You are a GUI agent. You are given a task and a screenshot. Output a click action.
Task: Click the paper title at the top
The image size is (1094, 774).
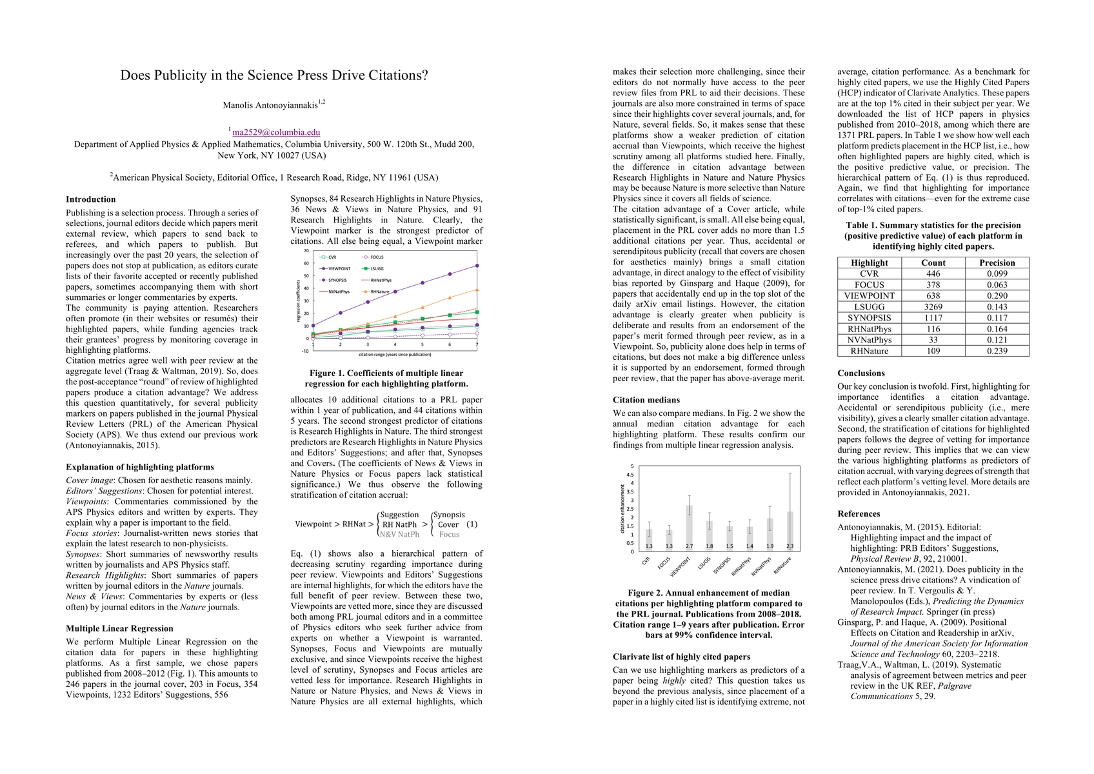(x=274, y=75)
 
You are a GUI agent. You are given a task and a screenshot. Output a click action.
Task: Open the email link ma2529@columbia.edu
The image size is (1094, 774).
(x=276, y=132)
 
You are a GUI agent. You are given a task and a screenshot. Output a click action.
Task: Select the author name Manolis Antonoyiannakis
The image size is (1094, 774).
(x=271, y=105)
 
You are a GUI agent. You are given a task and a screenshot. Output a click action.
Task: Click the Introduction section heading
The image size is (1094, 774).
(x=91, y=199)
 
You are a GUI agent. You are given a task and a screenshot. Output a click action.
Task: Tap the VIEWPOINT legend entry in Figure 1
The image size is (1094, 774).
(x=339, y=268)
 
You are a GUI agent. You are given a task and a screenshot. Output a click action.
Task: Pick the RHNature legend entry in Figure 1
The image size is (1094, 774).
(x=380, y=292)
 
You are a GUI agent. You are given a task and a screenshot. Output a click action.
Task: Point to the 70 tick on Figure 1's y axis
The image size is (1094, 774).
(x=306, y=251)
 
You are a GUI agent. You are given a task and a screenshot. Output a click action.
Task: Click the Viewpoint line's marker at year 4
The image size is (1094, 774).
(x=395, y=292)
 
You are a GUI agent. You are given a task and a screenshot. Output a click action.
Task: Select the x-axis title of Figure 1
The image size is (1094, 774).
(x=395, y=354)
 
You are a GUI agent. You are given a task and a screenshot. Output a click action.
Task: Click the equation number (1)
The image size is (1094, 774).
(x=472, y=524)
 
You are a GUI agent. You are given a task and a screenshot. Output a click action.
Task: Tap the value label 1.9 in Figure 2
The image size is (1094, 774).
(x=770, y=546)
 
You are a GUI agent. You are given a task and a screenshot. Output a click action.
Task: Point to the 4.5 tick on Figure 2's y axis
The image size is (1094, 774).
(x=630, y=475)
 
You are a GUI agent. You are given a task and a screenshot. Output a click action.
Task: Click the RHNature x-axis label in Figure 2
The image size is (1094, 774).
(x=782, y=566)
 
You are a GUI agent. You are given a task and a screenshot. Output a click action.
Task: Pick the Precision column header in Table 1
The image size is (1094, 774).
(x=997, y=263)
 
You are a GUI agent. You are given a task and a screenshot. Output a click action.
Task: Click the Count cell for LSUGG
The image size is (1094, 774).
(x=933, y=307)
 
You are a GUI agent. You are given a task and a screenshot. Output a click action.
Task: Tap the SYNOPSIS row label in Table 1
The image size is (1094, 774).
(x=869, y=318)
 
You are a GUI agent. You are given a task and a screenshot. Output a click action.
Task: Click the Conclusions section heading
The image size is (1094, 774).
(x=861, y=373)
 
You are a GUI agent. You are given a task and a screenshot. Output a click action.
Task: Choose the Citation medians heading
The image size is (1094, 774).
(x=646, y=400)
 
